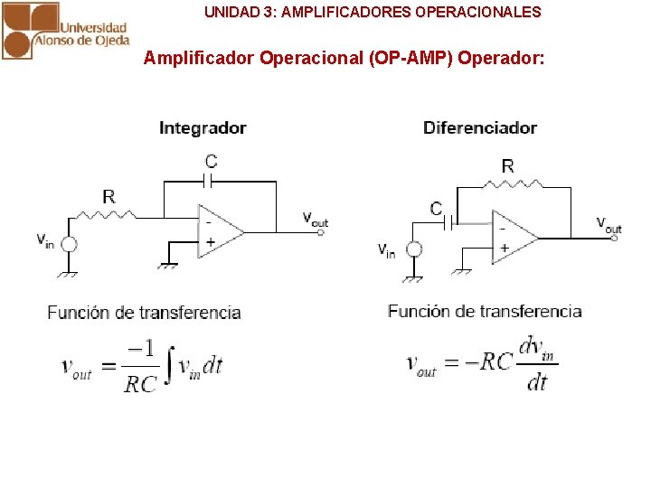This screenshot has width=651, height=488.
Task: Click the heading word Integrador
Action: click(203, 128)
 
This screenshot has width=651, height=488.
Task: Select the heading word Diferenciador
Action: click(480, 127)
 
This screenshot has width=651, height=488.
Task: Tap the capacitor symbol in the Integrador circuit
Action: click(210, 181)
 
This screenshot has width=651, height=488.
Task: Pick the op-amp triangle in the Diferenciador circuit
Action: click(513, 237)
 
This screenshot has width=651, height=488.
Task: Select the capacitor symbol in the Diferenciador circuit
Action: click(449, 221)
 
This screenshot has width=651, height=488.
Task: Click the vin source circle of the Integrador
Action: click(68, 243)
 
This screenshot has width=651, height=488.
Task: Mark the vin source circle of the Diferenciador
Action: click(414, 249)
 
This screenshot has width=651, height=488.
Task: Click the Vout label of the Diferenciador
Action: click(609, 223)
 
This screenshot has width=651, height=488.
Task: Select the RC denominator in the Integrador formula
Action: click(140, 384)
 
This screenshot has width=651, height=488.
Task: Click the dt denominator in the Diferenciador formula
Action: click(537, 383)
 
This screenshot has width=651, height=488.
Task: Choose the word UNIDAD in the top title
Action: click(230, 13)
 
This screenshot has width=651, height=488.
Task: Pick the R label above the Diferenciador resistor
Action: click(507, 165)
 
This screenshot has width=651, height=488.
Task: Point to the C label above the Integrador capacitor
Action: click(211, 162)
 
